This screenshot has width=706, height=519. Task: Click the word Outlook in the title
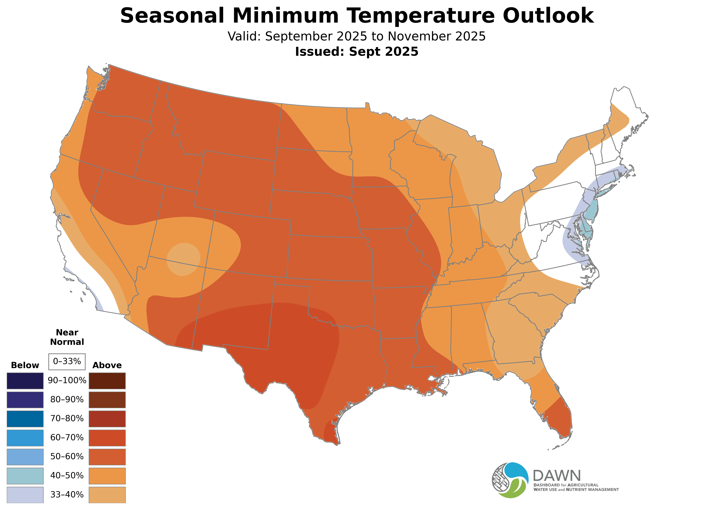click(548, 16)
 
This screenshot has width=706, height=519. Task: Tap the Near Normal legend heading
click(67, 337)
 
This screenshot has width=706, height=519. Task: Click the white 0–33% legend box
click(67, 361)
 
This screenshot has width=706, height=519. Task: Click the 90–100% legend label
click(67, 380)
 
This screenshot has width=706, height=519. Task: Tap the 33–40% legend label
click(67, 495)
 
